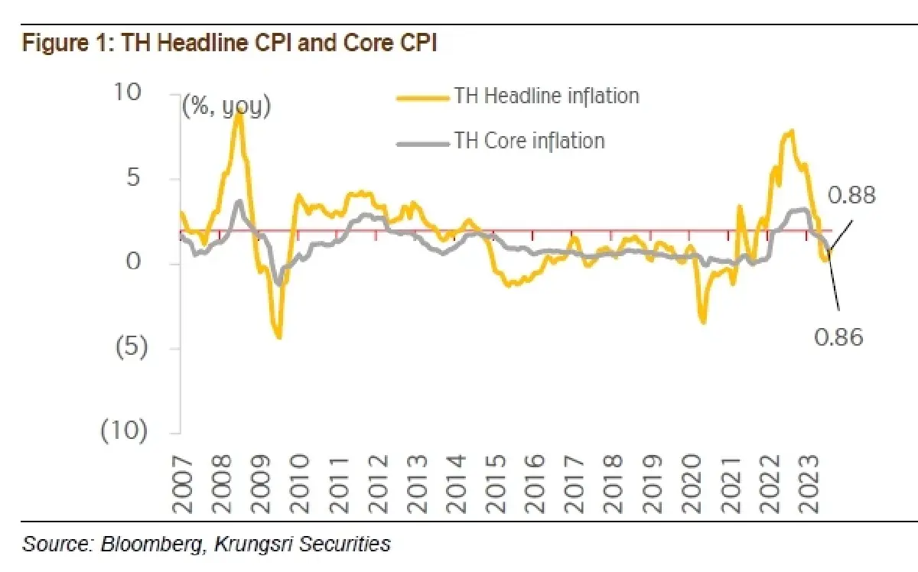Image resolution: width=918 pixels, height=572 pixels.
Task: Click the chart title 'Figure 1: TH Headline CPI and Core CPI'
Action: click(229, 43)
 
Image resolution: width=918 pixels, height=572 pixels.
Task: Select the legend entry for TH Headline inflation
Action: click(518, 96)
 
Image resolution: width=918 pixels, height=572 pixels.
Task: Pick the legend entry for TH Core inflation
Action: click(501, 141)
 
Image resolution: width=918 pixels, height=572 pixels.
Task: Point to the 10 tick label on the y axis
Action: click(128, 92)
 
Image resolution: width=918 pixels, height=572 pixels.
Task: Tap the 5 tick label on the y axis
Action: click(133, 178)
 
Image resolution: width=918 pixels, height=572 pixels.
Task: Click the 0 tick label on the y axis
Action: click(133, 262)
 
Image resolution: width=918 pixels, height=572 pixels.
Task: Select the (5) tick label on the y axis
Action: click(132, 346)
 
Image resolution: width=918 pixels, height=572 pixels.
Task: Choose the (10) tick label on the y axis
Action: click(124, 431)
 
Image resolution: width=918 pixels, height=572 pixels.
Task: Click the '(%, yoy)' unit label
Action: click(226, 106)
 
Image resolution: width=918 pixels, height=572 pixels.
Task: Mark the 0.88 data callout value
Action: click(851, 195)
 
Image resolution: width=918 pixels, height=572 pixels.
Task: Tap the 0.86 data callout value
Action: click(838, 338)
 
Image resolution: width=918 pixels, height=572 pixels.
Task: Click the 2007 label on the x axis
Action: click(181, 486)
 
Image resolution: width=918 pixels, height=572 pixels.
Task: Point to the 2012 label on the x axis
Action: click(377, 485)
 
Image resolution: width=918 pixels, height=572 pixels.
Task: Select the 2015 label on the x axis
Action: click(496, 485)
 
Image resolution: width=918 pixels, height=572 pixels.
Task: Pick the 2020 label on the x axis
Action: click(692, 485)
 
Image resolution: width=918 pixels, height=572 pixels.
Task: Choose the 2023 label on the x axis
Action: click(809, 485)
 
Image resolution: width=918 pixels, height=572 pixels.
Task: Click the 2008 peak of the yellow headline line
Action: click(239, 111)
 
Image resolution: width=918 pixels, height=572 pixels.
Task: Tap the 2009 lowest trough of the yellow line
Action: click(279, 336)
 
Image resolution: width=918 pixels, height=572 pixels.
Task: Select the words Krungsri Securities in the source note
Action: click(302, 544)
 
